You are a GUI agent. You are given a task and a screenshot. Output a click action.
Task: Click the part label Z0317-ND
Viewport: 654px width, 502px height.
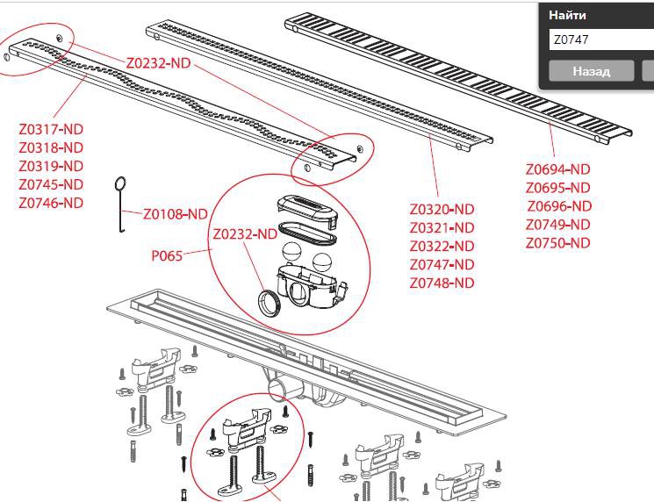click(x=51, y=129)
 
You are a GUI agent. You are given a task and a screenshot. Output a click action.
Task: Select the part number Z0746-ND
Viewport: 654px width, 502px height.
click(x=51, y=203)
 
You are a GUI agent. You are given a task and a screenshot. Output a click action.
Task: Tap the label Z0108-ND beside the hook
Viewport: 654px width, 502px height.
click(x=176, y=214)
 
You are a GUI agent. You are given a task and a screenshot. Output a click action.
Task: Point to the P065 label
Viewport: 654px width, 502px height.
click(x=167, y=255)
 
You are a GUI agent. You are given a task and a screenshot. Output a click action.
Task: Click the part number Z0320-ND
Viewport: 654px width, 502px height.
click(x=442, y=209)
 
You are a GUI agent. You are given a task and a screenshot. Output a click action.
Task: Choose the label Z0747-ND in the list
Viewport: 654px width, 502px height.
click(x=442, y=265)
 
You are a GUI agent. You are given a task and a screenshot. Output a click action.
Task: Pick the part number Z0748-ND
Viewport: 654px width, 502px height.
click(x=442, y=283)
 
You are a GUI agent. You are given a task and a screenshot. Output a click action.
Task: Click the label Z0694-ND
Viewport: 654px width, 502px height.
click(x=557, y=169)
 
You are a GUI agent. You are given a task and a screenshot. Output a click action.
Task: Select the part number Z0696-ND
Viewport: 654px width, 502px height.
click(x=559, y=206)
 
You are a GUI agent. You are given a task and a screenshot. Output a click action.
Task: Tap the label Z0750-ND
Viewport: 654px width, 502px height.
click(x=557, y=243)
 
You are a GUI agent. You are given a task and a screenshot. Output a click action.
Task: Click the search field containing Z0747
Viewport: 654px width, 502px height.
click(x=600, y=40)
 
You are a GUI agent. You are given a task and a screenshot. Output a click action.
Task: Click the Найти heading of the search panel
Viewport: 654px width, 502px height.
click(x=567, y=16)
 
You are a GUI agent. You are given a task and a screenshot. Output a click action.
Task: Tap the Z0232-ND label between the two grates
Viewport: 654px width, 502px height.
click(x=159, y=63)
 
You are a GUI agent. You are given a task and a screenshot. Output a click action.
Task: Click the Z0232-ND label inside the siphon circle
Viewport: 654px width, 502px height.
click(x=245, y=234)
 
